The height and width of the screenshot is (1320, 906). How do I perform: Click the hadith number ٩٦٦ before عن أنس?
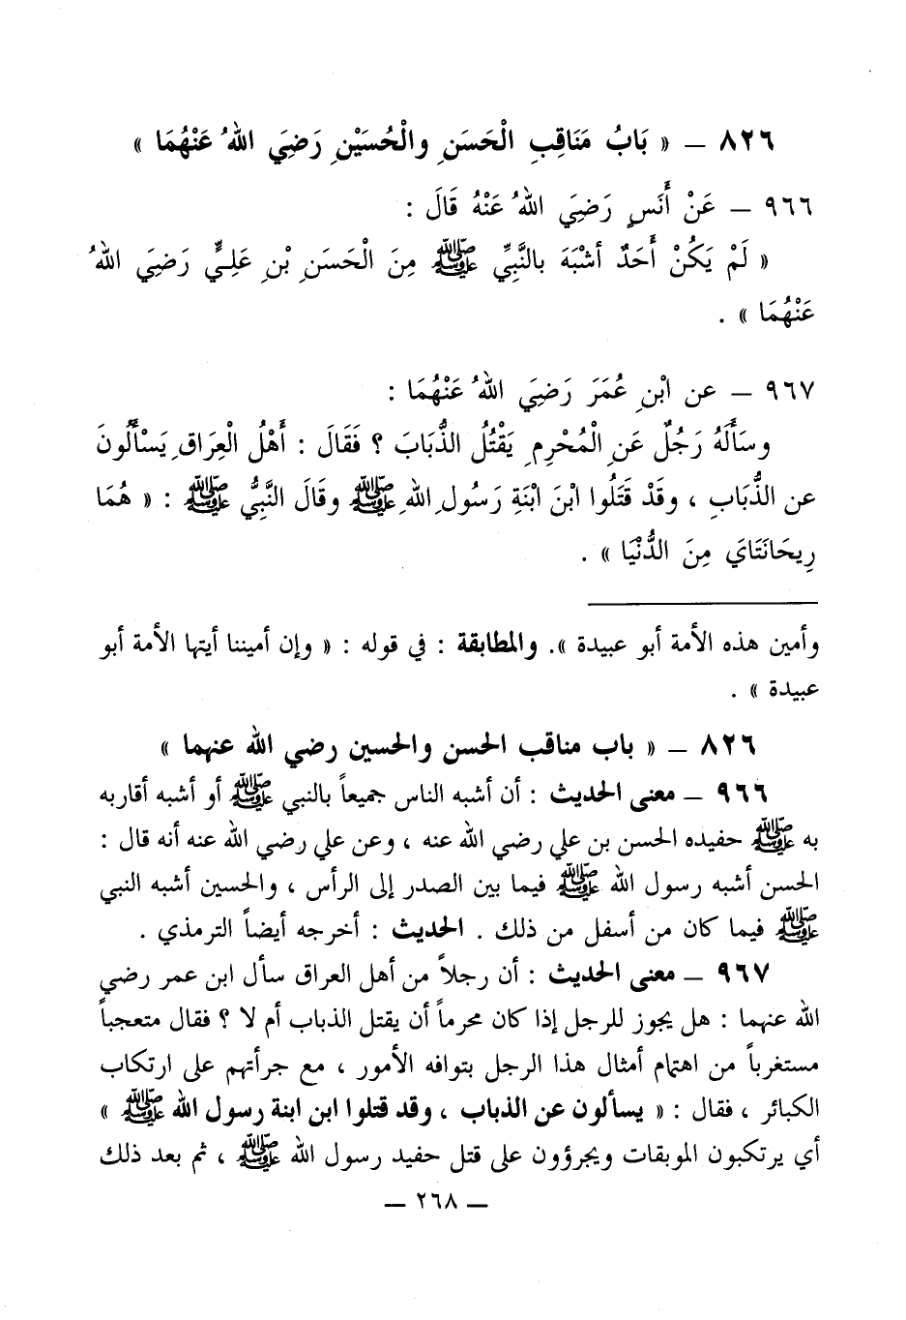(789, 207)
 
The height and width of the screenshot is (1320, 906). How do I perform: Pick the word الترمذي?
(180, 934)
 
